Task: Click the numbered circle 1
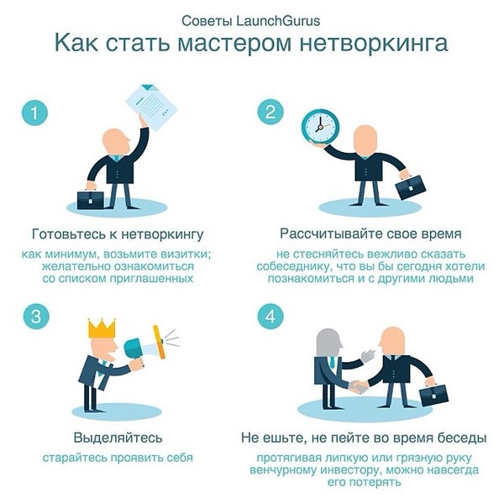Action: [34, 113]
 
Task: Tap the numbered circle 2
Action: [270, 113]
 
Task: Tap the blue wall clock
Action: [320, 127]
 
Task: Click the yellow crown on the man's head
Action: [101, 328]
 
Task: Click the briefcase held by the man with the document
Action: [91, 199]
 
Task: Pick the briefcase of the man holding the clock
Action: [411, 185]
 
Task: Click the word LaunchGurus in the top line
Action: [282, 18]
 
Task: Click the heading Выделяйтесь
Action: [118, 438]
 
